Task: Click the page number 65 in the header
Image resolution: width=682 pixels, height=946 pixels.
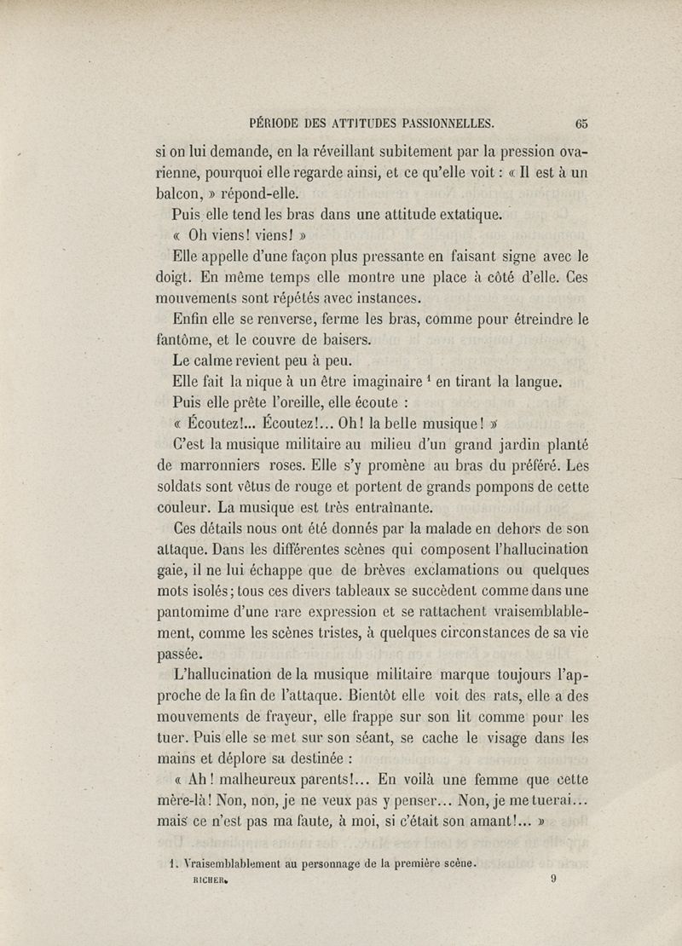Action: coord(582,122)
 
